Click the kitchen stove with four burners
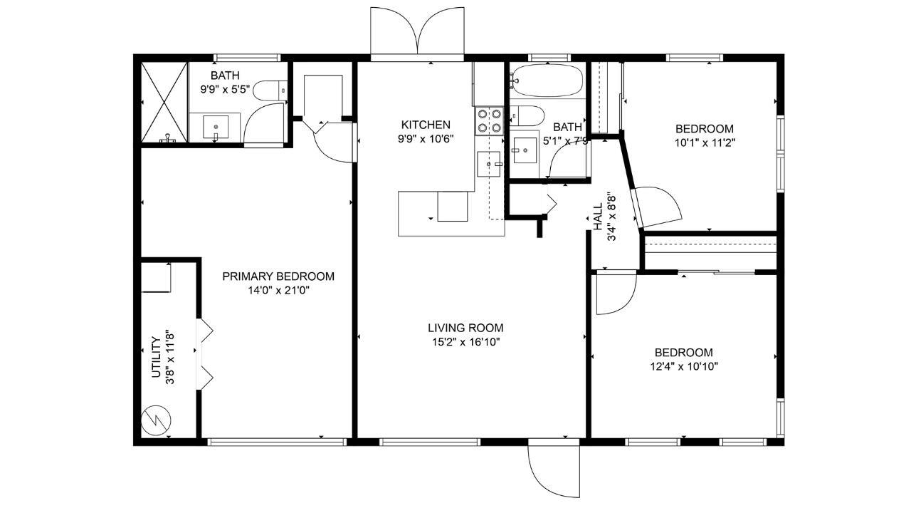(489, 120)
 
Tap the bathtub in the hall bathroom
(547, 81)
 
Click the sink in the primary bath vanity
(216, 128)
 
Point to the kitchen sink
(489, 164)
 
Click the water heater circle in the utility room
(156, 420)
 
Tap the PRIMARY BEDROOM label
(278, 276)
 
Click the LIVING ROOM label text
(465, 328)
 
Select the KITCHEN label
(426, 125)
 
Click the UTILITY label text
(156, 357)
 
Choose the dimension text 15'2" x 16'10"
(465, 342)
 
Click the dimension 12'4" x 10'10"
(684, 366)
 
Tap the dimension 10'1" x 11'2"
(705, 143)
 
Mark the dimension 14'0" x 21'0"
(279, 291)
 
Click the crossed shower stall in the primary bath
(164, 102)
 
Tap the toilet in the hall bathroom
(527, 115)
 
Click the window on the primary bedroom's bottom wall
(277, 442)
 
